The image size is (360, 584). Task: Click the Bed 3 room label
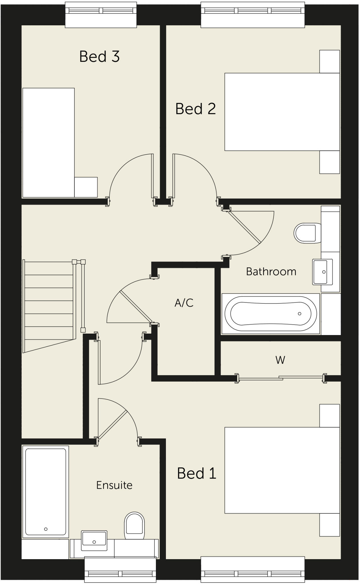99,56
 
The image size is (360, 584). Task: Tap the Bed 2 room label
195,109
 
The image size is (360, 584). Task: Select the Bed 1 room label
196,473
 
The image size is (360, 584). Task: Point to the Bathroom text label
271,271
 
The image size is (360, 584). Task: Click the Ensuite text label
114,485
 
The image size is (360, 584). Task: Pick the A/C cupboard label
184,303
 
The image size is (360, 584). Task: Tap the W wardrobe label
280,360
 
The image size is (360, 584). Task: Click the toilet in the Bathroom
306,233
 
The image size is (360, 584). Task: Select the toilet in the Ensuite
134,526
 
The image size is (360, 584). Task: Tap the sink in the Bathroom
322,272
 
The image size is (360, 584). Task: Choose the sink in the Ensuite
94,541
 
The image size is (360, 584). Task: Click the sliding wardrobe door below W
281,378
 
